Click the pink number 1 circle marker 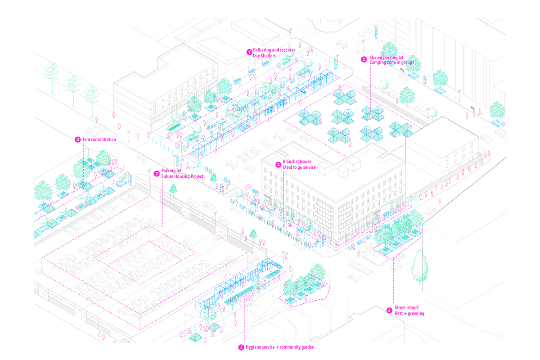click(248, 52)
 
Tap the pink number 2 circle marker click(364, 59)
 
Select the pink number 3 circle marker click(78, 139)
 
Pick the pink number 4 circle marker click(279, 164)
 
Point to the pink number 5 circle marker click(241, 347)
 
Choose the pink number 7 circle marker click(157, 173)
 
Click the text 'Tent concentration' click(99, 139)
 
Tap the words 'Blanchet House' click(297, 162)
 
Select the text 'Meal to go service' click(300, 167)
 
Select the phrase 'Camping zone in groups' click(391, 62)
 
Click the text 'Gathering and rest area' click(274, 49)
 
